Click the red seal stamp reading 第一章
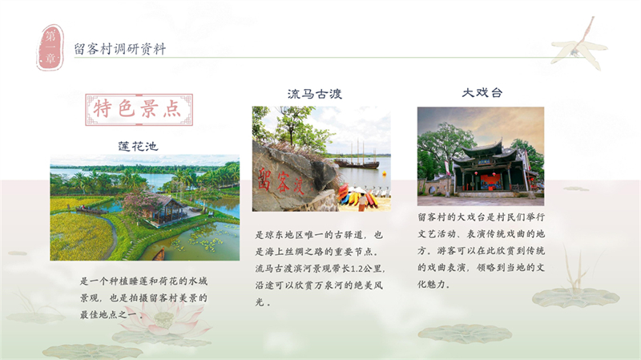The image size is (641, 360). [x=50, y=47]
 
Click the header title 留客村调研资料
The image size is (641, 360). [x=119, y=49]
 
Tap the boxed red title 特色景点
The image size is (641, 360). [x=138, y=110]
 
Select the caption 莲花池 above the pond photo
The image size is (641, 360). [x=138, y=146]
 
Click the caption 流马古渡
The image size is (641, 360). [x=315, y=94]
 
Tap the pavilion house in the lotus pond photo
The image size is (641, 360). [x=165, y=209]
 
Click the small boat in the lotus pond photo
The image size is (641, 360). [x=159, y=254]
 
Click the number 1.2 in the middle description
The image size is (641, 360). [x=373, y=269]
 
